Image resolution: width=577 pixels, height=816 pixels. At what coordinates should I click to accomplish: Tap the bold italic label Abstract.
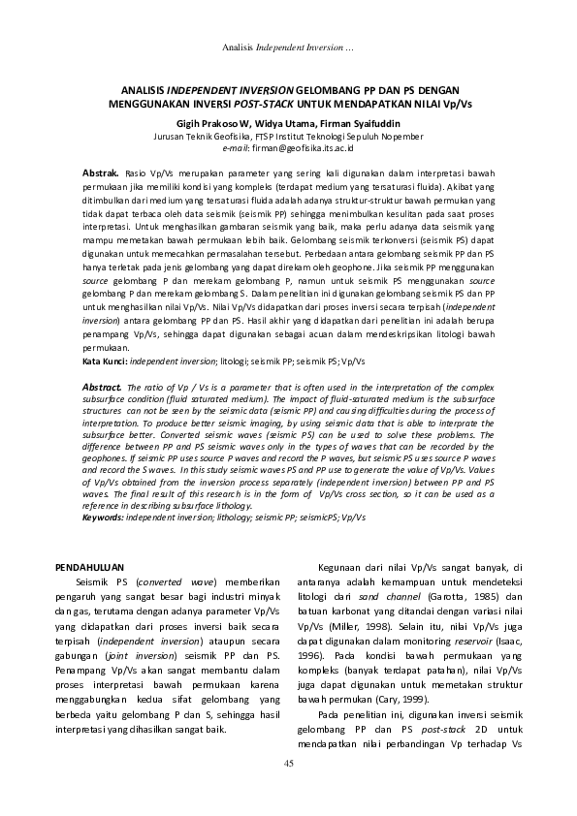[103, 386]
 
